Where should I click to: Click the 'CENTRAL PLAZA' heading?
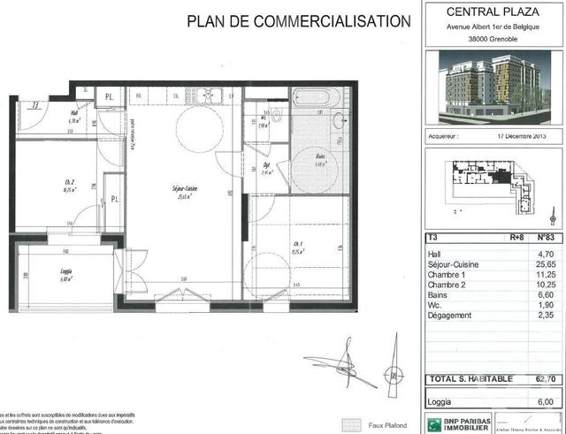[493, 12]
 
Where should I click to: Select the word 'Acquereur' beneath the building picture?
[445, 138]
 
